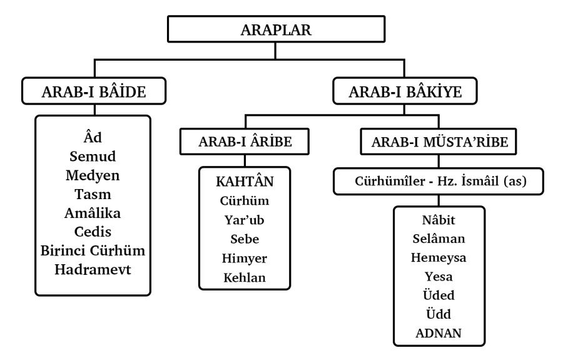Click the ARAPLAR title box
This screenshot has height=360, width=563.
point(276,29)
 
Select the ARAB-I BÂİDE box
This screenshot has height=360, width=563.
point(94,91)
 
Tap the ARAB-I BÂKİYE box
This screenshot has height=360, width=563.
point(405,91)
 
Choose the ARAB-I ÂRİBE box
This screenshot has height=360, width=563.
point(245,141)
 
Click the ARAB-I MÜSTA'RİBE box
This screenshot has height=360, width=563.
point(439,141)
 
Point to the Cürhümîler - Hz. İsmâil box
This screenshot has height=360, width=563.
point(439,181)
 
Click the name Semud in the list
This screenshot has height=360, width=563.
point(93,157)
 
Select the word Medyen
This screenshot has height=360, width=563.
point(93,175)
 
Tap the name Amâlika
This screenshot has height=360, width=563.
point(93,213)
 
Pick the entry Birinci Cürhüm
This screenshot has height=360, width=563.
point(93,250)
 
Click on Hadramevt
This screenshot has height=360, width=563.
point(93,269)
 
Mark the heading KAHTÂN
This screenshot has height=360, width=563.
point(245,181)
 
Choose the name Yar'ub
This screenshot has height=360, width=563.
point(245,220)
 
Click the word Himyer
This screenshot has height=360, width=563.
point(245,259)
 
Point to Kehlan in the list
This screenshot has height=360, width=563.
point(245,278)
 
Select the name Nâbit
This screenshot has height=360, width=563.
point(439,220)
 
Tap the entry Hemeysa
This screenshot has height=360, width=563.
point(439,257)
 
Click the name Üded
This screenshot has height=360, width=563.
point(439,295)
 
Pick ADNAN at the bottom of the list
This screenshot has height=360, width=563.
point(439,333)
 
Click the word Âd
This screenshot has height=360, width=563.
point(93,137)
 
